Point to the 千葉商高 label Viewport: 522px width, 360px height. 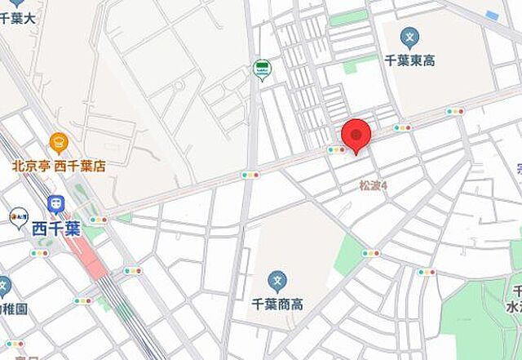pos(276,304)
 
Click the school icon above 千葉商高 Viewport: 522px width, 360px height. pos(277,282)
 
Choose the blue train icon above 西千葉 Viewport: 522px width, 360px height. pos(55,204)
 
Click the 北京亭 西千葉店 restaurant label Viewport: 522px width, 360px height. pos(59,166)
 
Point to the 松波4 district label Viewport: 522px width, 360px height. pos(374,186)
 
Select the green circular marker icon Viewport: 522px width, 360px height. pos(262,70)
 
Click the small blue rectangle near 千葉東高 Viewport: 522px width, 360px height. pos(491,16)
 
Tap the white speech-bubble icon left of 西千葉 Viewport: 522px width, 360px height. pos(18,218)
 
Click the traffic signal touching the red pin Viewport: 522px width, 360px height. pos(335,149)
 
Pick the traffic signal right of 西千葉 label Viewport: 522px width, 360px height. pos(99,220)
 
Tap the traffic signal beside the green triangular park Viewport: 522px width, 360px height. pos(371,253)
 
